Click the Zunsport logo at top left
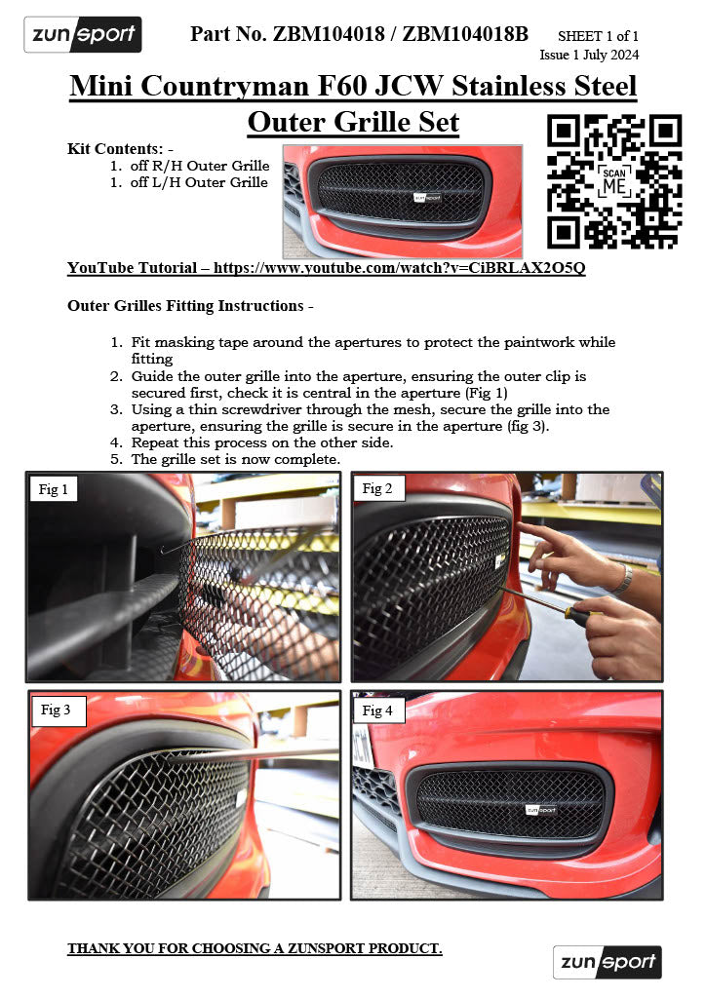(x=82, y=35)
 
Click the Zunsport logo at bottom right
(x=607, y=962)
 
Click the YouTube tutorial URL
(x=399, y=267)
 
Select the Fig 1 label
(x=54, y=489)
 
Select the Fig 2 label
(x=377, y=489)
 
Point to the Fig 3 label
(x=56, y=710)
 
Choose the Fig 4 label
(x=377, y=710)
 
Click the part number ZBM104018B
(x=465, y=34)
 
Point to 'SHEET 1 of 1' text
(x=598, y=36)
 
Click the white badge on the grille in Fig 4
(x=540, y=809)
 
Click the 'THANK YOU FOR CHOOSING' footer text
(x=255, y=948)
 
